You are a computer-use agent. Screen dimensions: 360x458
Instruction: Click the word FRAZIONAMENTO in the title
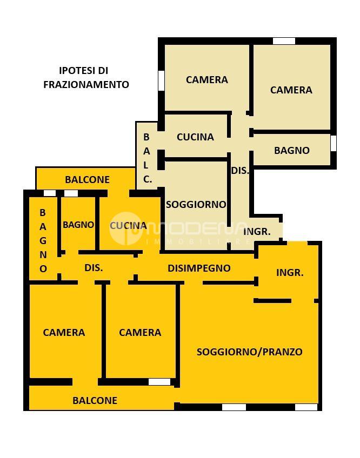86,84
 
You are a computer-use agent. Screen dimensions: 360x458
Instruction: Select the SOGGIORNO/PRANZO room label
249,352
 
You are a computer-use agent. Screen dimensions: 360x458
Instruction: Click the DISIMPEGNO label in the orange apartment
199,268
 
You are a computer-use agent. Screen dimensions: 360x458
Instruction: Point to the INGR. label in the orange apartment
290,273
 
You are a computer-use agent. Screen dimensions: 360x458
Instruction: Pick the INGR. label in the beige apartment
257,232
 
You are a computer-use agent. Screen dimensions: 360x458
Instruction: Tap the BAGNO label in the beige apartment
292,151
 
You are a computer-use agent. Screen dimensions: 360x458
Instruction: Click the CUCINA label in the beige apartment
195,137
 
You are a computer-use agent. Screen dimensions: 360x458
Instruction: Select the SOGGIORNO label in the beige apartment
196,205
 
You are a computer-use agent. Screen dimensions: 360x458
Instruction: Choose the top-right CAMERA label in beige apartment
291,90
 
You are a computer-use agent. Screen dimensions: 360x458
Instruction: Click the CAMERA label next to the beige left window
207,80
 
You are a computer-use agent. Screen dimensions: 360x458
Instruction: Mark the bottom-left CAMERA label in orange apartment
64,332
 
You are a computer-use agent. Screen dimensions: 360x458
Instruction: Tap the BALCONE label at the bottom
95,400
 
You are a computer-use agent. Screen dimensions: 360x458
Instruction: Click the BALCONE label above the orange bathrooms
87,180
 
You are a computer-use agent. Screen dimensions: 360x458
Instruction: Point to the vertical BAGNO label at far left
43,241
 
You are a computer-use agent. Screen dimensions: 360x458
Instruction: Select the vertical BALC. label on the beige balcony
147,158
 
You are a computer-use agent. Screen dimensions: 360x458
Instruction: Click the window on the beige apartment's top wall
284,41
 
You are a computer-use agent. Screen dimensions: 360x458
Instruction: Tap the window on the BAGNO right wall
334,143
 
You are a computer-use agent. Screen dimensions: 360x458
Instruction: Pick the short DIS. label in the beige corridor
240,171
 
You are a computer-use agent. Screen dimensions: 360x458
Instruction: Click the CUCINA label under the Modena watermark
128,226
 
